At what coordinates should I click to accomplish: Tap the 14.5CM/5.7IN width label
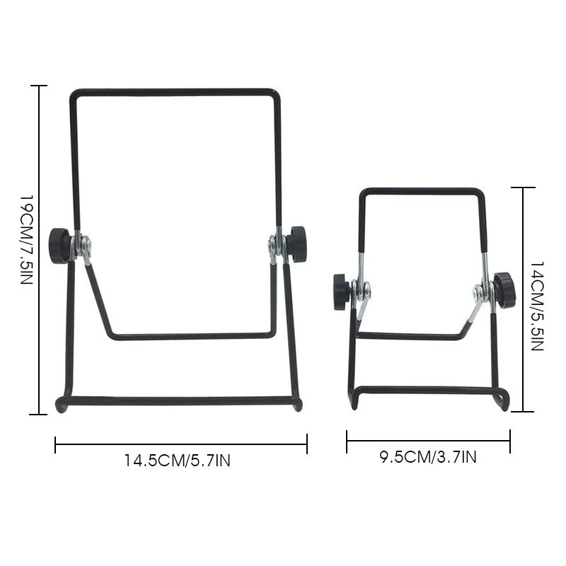coord(178,461)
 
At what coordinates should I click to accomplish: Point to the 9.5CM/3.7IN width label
coord(428,457)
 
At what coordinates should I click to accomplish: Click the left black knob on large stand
coord(59,245)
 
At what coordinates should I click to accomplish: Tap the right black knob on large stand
coord(296,243)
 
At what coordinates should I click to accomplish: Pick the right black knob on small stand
coord(504,289)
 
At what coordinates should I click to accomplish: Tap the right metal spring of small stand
coord(485,291)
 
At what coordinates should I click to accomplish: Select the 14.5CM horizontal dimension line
coord(180,444)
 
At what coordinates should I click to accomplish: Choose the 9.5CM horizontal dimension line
coord(428,441)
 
